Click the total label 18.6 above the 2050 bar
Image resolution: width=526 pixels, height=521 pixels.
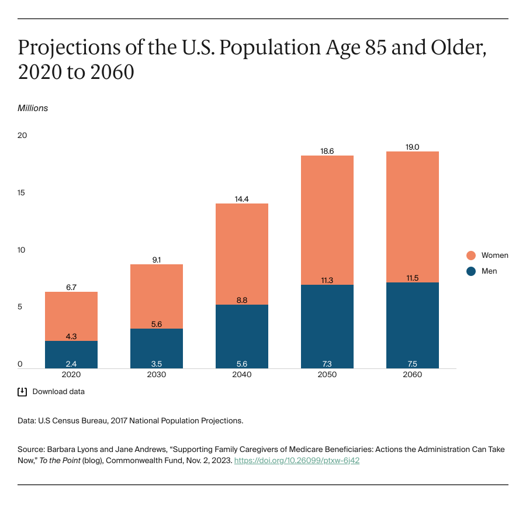coord(327,150)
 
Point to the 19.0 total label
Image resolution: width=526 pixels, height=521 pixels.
coord(412,147)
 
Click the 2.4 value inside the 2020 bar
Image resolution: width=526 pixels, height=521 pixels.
coord(71,363)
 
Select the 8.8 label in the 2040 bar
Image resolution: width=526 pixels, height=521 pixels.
coord(241,300)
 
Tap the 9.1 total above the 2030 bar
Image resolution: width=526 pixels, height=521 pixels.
coord(157,259)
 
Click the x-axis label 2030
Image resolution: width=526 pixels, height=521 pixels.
coord(157,375)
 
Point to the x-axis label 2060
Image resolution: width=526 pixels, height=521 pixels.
coord(412,375)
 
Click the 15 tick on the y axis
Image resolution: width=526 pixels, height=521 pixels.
coord(22,193)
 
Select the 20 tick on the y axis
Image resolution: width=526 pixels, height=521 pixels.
coord(22,136)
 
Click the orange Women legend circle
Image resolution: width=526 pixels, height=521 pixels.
coord(471,256)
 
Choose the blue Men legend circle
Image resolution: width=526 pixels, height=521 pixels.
coord(471,271)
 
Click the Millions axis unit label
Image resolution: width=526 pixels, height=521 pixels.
coord(33,108)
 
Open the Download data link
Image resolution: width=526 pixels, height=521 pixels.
coord(58,392)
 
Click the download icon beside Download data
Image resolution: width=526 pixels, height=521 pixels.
coord(22,392)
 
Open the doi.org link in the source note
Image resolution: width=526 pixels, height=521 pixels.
coord(296,461)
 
